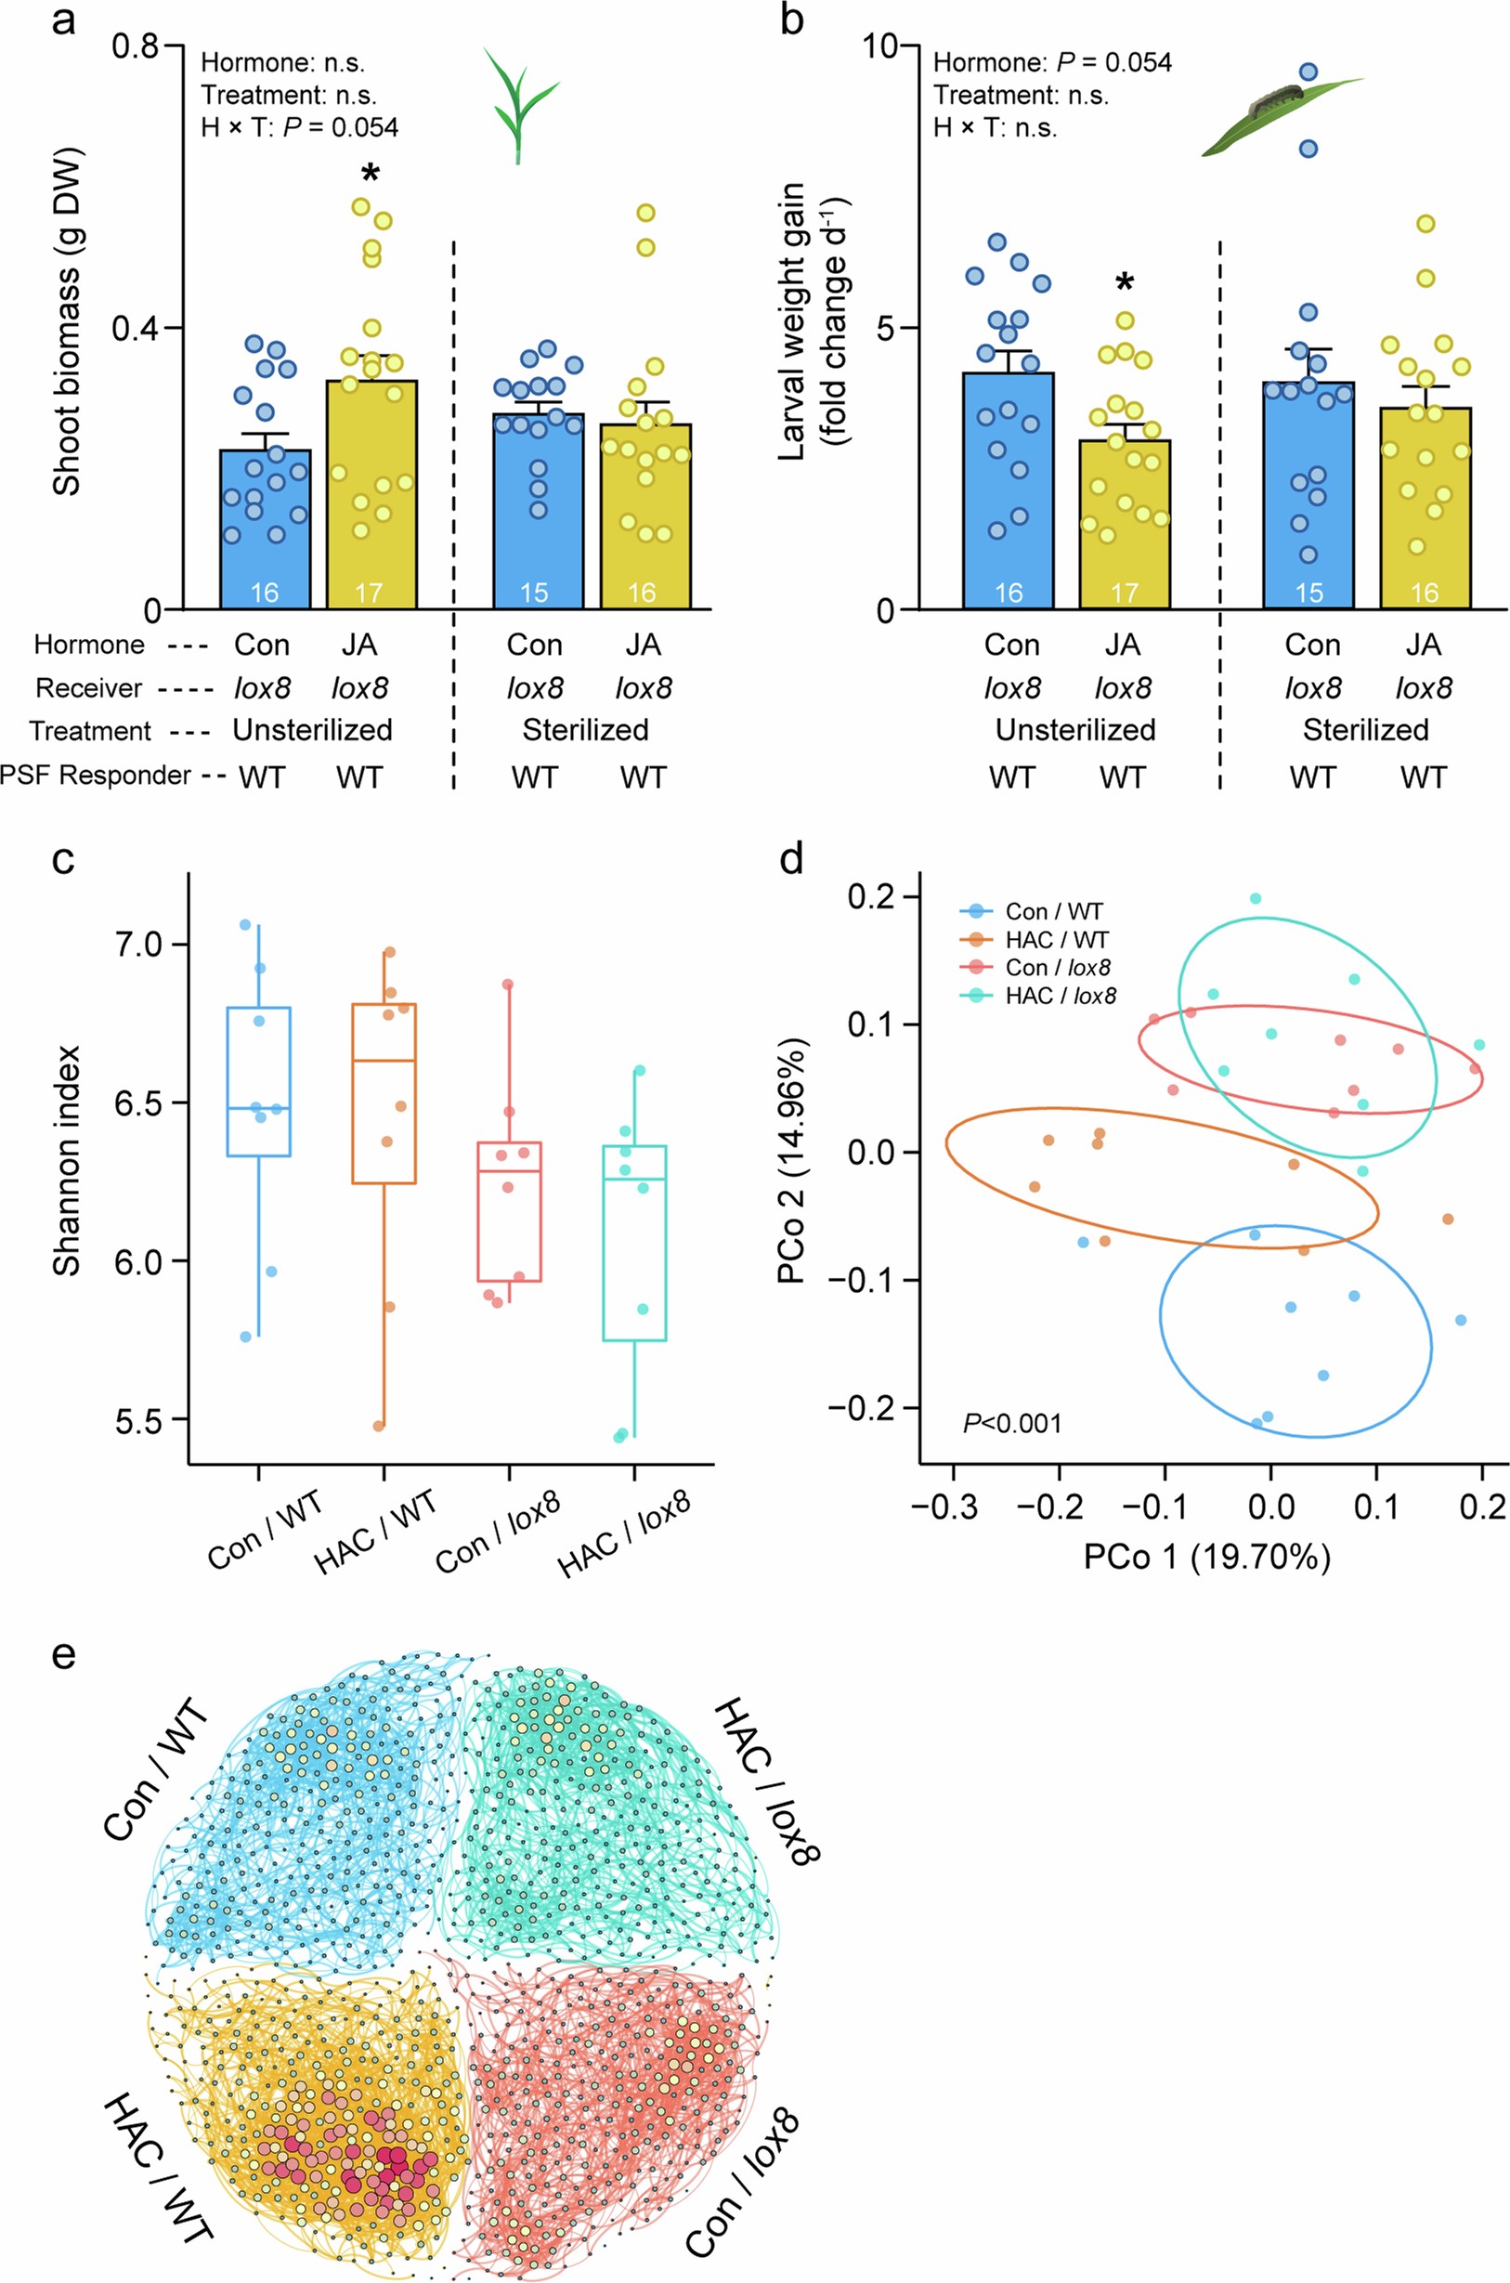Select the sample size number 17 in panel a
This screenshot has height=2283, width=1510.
pos(370,593)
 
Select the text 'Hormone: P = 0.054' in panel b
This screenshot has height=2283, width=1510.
pos(1051,63)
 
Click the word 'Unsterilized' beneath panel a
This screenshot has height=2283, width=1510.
pos(312,730)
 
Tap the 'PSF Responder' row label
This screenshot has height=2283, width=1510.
pos(96,776)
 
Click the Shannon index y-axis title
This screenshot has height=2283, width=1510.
pos(66,1160)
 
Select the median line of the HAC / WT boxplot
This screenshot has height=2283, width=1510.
pos(384,1060)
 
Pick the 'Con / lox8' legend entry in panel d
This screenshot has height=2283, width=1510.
pos(1060,968)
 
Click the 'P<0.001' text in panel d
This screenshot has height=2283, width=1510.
pos(1012,1423)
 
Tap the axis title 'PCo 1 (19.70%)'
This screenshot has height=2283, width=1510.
pos(1206,1556)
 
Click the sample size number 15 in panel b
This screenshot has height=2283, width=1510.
pos(1308,593)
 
